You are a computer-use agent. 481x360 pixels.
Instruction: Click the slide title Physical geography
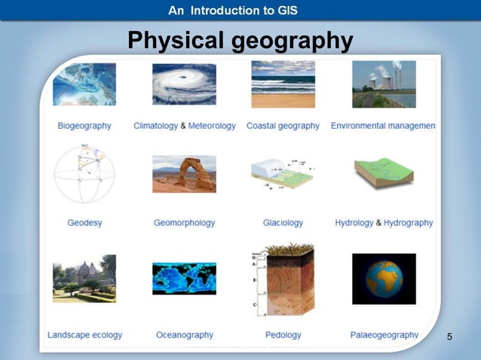tap(240, 40)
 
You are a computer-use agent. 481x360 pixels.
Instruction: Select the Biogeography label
tap(84, 126)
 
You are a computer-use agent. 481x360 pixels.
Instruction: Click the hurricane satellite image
tap(184, 84)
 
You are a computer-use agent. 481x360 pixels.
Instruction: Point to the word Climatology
tap(155, 126)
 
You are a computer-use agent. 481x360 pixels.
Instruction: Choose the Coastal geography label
tap(283, 126)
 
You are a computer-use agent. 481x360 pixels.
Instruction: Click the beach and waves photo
tap(283, 84)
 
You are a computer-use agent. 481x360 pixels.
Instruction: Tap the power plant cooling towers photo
tap(384, 84)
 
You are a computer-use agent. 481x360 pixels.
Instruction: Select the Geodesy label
tap(84, 223)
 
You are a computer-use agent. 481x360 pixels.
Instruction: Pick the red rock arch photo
tap(184, 174)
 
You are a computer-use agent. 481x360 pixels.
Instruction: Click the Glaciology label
tap(283, 223)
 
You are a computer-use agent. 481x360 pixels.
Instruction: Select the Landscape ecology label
tap(84, 335)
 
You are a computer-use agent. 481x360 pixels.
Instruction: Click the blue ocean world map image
tap(184, 279)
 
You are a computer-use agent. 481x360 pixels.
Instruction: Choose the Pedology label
tap(283, 335)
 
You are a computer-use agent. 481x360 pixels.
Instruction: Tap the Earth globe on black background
tap(384, 279)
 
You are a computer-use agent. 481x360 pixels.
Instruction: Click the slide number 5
tap(449, 336)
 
